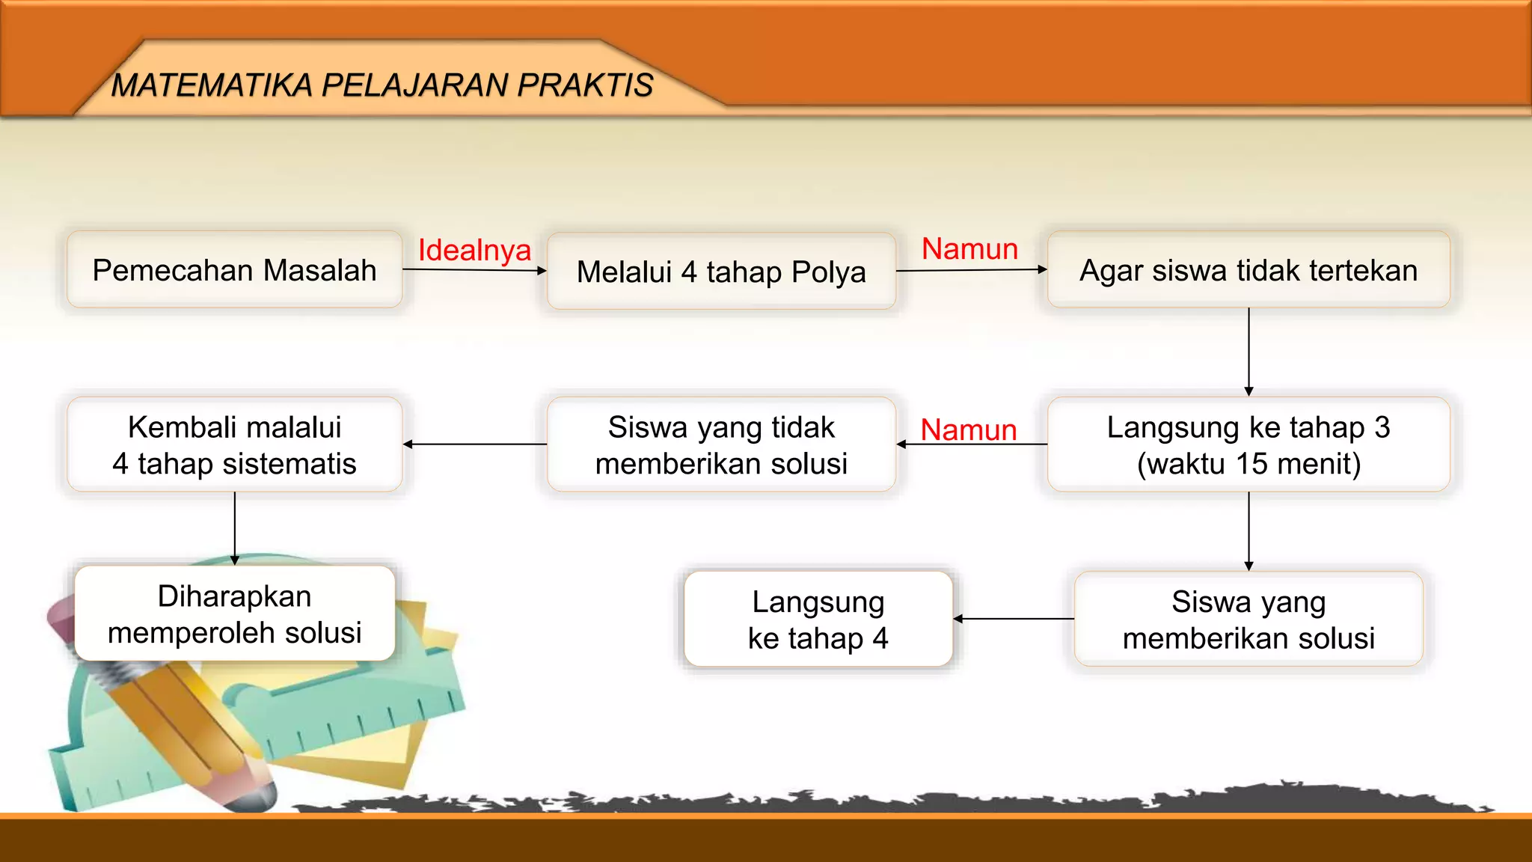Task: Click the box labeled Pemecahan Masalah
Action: point(234,270)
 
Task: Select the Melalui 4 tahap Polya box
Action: point(721,272)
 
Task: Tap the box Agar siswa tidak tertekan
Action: point(1248,270)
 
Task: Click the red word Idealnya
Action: point(474,250)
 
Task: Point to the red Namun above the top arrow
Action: point(969,248)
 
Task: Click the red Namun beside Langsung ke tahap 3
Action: point(968,430)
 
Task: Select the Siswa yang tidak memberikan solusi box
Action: point(721,444)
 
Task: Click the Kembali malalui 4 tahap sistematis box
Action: point(234,444)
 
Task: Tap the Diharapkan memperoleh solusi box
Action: point(234,614)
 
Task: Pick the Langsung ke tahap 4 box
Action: point(818,619)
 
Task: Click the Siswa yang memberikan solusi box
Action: point(1248,619)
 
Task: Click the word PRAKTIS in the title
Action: point(585,85)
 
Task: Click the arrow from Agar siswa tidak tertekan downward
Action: point(1248,352)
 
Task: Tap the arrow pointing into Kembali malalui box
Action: point(474,444)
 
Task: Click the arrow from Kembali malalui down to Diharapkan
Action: point(235,528)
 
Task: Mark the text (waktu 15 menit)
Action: point(1248,464)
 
